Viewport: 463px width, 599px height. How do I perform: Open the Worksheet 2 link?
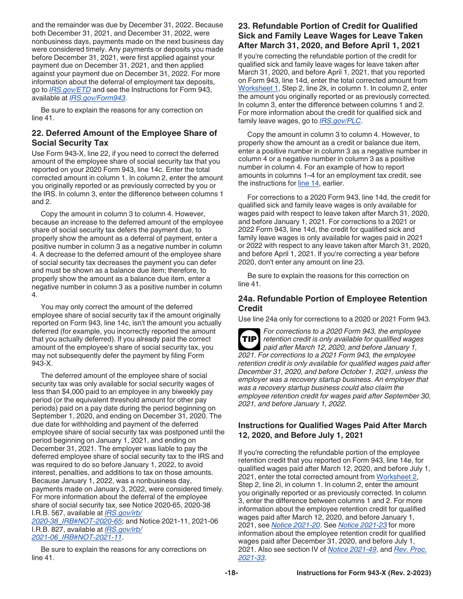click(x=396, y=477)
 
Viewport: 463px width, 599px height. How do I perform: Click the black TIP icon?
click(x=249, y=339)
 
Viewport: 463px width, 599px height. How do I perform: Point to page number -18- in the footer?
click(x=231, y=573)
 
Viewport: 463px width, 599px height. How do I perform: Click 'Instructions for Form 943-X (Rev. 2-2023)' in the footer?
click(x=364, y=573)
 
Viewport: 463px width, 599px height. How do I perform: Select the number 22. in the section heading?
click(x=38, y=133)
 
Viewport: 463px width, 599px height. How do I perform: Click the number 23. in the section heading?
click(x=244, y=26)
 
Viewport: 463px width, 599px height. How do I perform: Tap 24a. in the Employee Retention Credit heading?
click(x=246, y=299)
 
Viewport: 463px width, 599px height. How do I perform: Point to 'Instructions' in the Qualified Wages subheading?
click(x=262, y=426)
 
